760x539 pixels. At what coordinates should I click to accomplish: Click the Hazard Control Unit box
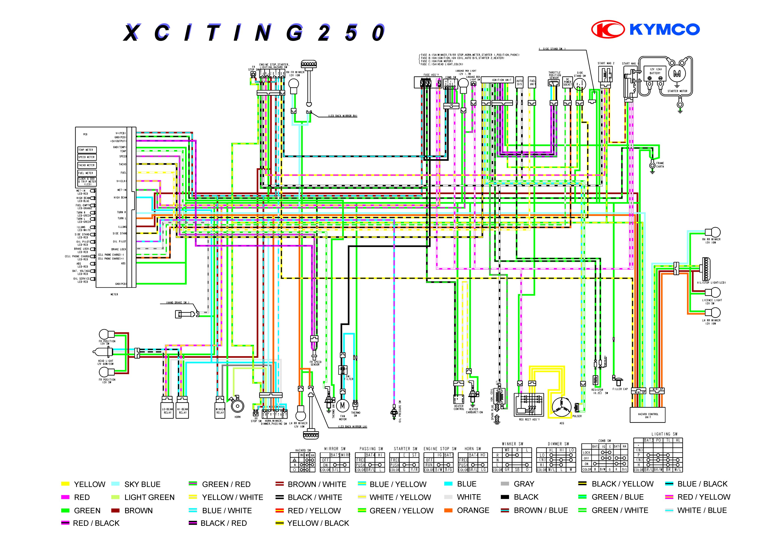(647, 415)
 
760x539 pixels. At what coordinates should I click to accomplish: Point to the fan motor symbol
(342, 405)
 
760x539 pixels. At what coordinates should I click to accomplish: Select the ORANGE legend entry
(473, 510)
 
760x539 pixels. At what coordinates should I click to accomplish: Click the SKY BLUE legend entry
(142, 484)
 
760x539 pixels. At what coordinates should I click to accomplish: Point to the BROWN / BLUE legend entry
(541, 510)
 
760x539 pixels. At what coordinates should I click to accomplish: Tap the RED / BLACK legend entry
(96, 523)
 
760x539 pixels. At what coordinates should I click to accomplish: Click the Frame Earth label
(660, 165)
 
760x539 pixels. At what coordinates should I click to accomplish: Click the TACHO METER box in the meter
(86, 165)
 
